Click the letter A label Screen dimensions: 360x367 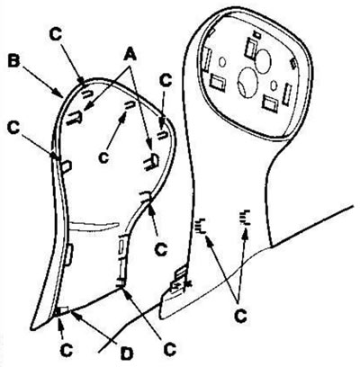pos(130,56)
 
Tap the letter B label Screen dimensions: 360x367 pos(14,61)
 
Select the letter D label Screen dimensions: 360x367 pos(128,354)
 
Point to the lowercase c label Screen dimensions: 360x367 pos(103,158)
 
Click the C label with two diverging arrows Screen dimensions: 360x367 pos(240,316)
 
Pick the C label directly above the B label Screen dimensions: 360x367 pos(56,34)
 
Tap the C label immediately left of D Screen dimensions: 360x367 pos(67,349)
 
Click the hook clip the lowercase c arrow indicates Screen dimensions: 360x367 pos(130,104)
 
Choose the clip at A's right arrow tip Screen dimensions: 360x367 pos(152,161)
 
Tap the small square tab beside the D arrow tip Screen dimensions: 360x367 pos(64,310)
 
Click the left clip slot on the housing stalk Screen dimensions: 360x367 pos(200,226)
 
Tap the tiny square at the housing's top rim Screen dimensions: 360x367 pos(256,34)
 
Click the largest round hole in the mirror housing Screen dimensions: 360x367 pos(247,82)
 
